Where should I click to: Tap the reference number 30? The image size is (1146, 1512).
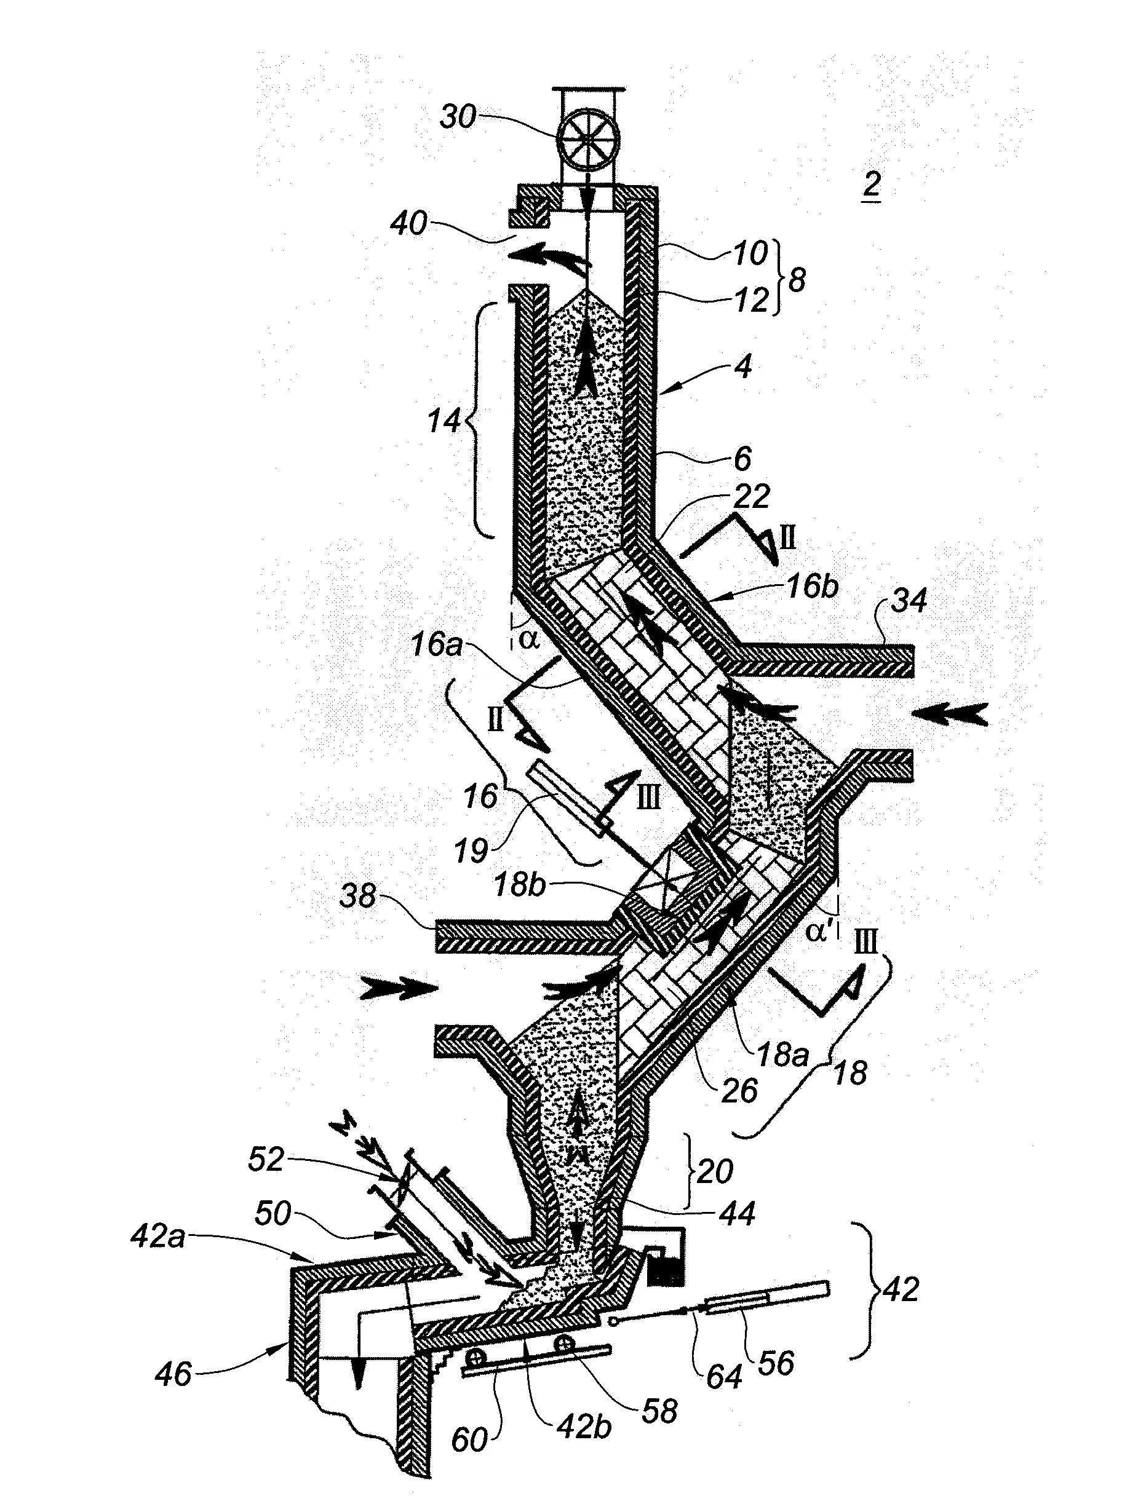(x=458, y=117)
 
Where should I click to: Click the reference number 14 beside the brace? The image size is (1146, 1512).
(x=444, y=421)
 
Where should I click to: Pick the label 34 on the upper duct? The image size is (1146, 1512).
(x=910, y=601)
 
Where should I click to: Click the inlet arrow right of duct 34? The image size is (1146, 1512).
(x=950, y=714)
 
